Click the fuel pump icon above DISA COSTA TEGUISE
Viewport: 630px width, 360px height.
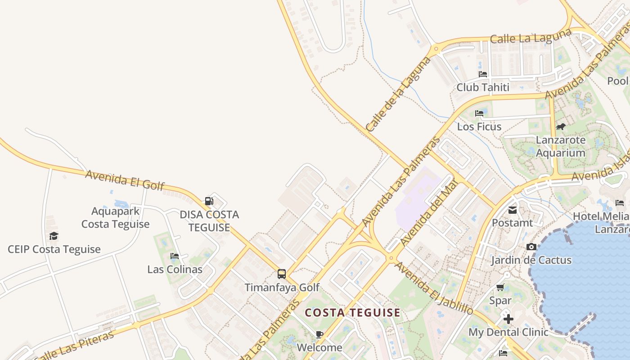pyautogui.click(x=209, y=201)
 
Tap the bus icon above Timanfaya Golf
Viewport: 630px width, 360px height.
pyautogui.click(x=282, y=274)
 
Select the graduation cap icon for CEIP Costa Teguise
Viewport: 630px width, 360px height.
pyautogui.click(x=54, y=236)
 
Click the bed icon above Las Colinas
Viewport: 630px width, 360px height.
pyautogui.click(x=175, y=256)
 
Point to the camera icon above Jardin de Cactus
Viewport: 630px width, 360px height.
pyautogui.click(x=531, y=247)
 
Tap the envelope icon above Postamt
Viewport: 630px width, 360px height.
pyautogui.click(x=513, y=210)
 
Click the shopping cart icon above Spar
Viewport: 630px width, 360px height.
pyautogui.click(x=500, y=287)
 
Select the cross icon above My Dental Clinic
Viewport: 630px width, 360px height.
pyautogui.click(x=508, y=319)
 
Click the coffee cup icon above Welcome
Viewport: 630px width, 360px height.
pyautogui.click(x=319, y=334)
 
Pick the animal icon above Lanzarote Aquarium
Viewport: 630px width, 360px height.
pyautogui.click(x=561, y=126)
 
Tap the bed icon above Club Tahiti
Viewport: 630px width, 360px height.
pyautogui.click(x=483, y=74)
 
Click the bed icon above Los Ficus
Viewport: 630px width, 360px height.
pyautogui.click(x=479, y=113)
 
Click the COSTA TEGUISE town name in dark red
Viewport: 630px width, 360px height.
pyautogui.click(x=352, y=313)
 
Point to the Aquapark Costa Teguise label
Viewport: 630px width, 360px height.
pyautogui.click(x=116, y=217)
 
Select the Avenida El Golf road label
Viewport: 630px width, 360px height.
pyautogui.click(x=125, y=180)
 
